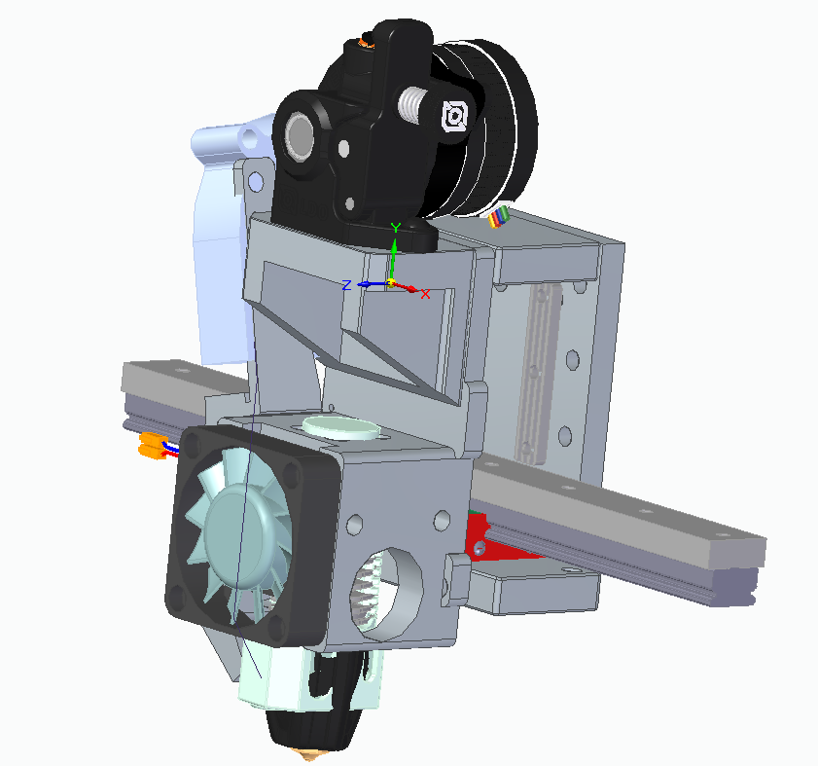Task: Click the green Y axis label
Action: coord(396,228)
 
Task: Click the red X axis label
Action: coord(425,295)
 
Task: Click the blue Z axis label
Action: coord(346,285)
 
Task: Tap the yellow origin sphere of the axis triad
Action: coord(391,283)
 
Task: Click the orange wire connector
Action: coord(152,446)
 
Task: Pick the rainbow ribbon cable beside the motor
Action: coord(499,216)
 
